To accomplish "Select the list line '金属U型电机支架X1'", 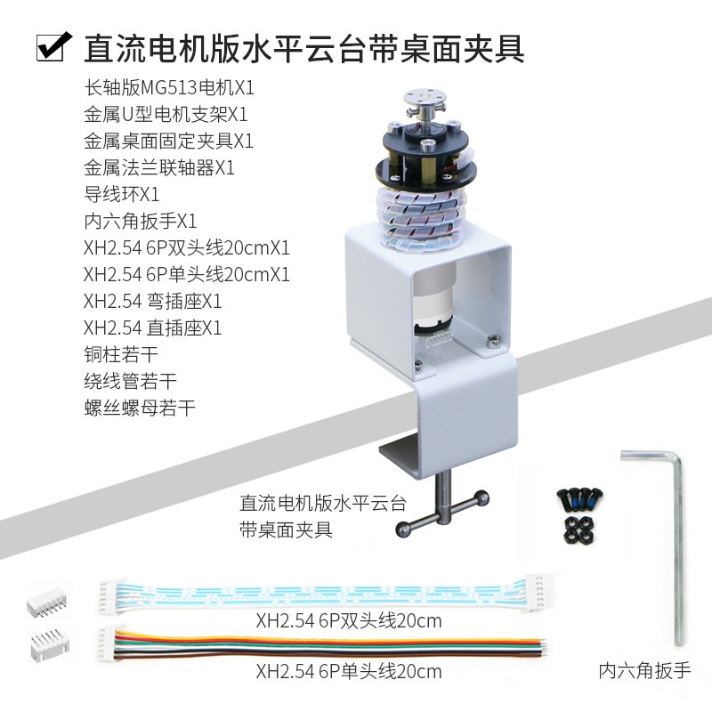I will (x=166, y=115).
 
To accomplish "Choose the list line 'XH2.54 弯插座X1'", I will (x=152, y=301).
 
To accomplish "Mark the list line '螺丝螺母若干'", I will (x=138, y=408).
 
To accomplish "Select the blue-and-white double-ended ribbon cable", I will (x=321, y=591).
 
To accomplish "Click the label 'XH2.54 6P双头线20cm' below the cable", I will (x=348, y=619).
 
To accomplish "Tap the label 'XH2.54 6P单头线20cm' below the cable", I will (x=348, y=670).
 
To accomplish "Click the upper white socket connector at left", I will (x=44, y=604).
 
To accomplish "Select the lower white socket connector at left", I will (x=45, y=643).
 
